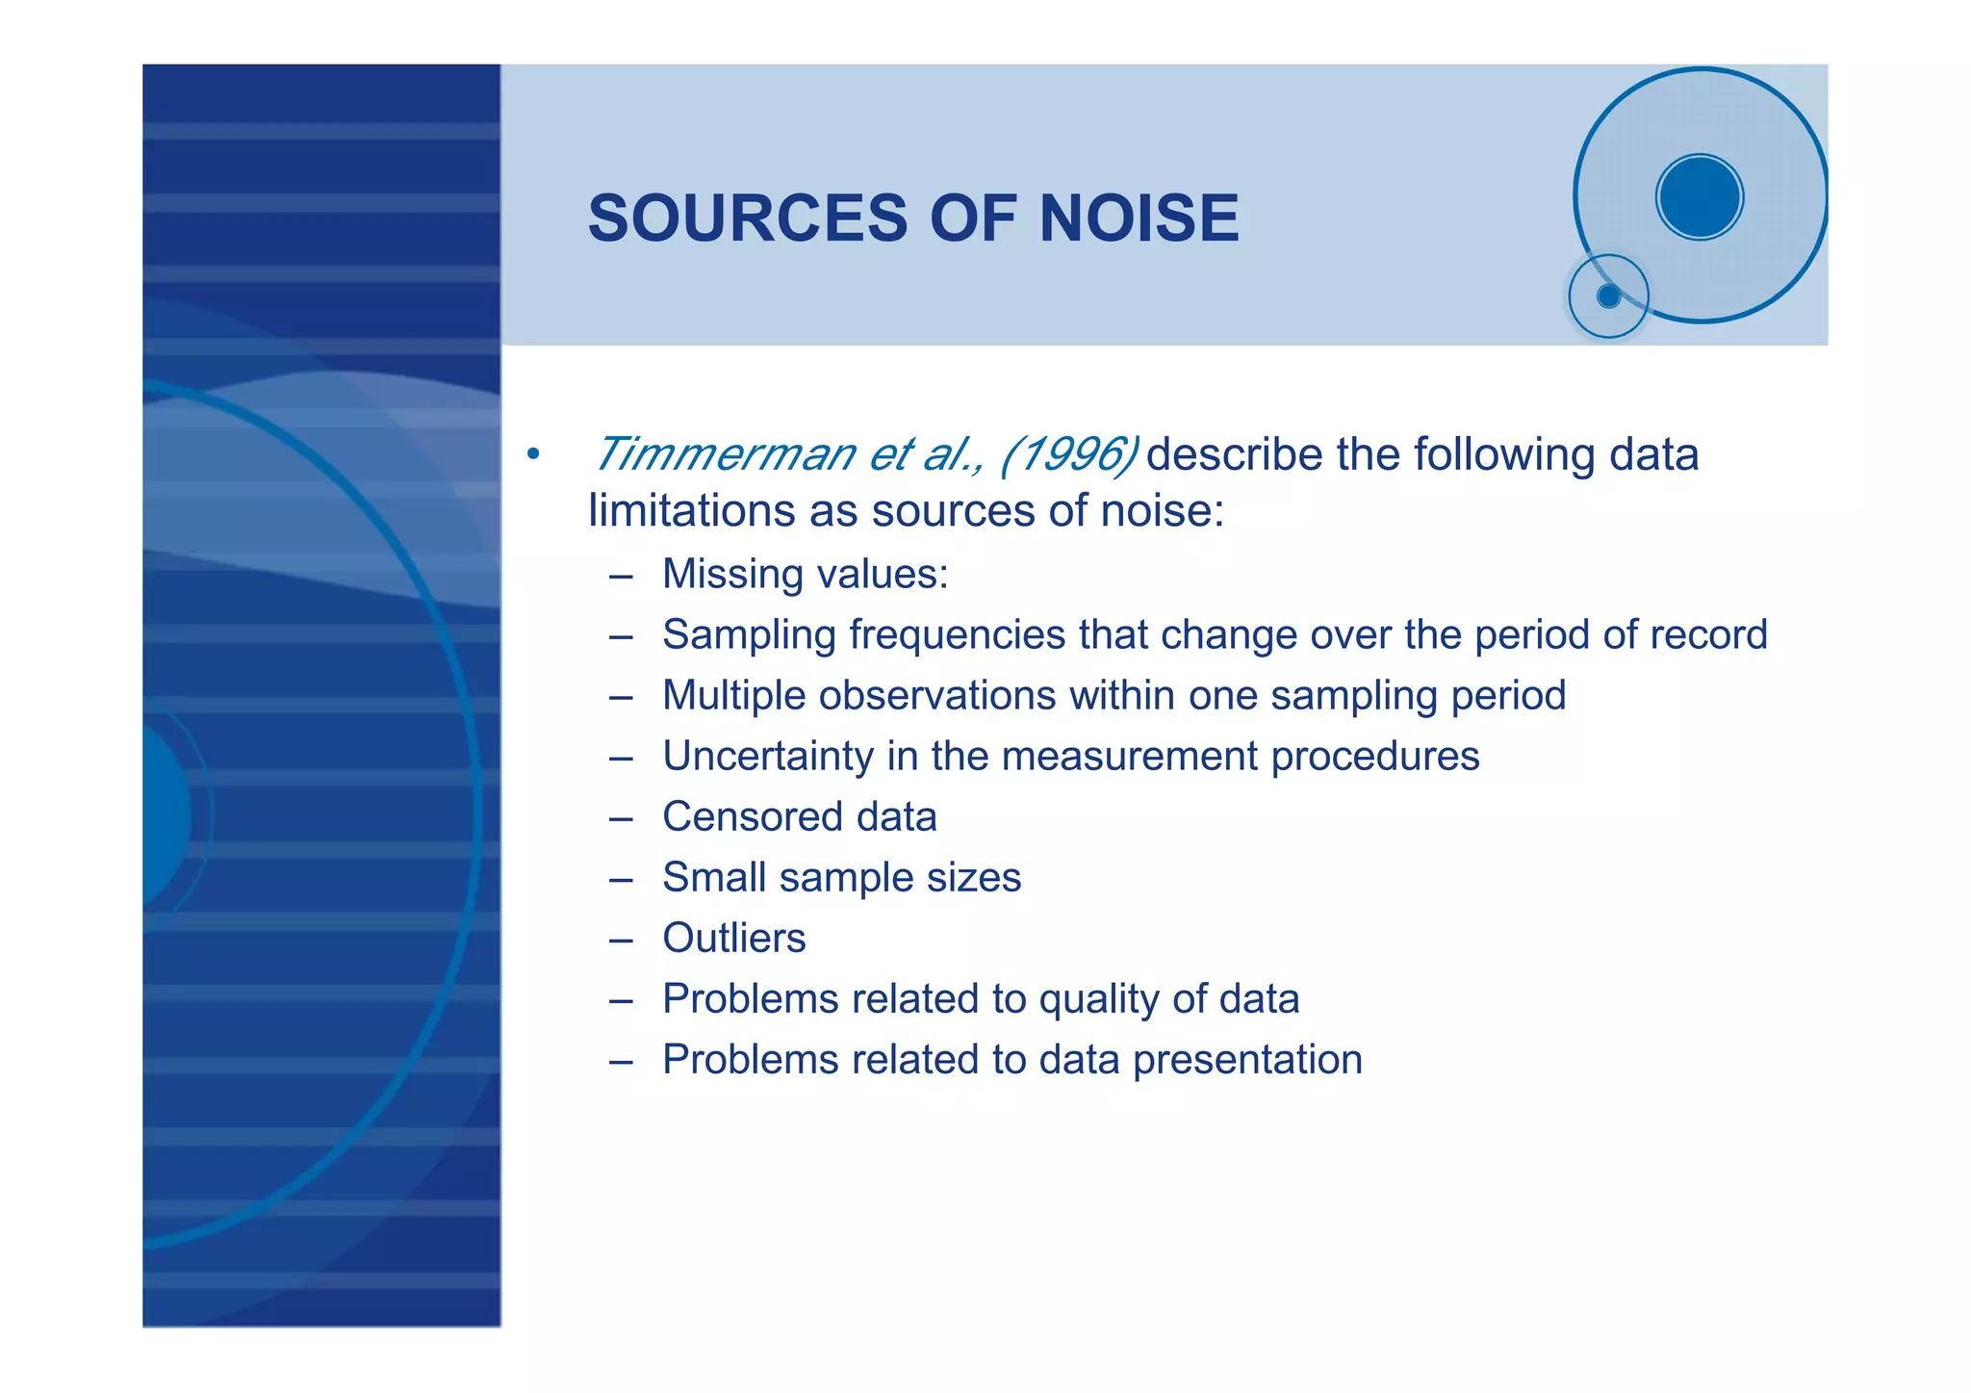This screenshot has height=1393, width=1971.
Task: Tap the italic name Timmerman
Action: pos(724,453)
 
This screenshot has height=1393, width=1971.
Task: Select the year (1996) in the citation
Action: pos(1069,453)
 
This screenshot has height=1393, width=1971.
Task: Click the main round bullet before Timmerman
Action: pos(533,454)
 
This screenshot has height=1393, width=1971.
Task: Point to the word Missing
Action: pos(732,575)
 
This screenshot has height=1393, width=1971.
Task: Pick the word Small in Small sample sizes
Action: pos(713,878)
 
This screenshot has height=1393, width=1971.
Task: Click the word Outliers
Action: pos(733,939)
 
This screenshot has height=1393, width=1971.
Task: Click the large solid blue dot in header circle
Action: pos(1700,197)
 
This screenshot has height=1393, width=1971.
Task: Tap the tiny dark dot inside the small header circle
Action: pos(1608,297)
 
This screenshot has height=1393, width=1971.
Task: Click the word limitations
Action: pos(692,510)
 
